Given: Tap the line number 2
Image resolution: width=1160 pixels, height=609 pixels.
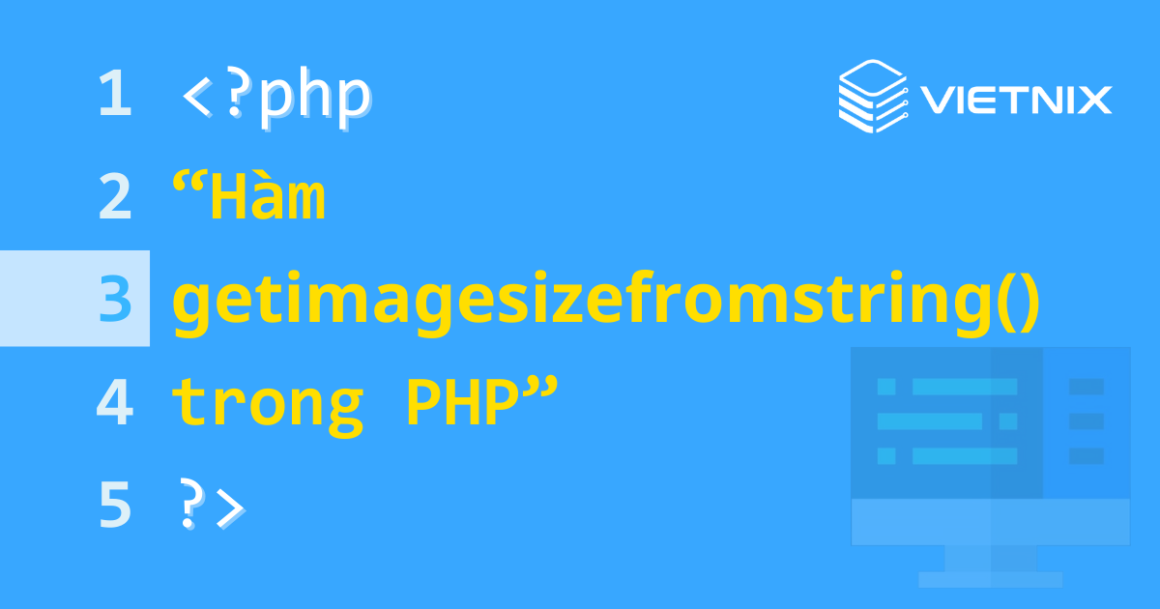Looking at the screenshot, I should coord(114,197).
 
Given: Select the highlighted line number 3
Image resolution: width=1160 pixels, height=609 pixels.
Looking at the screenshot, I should coord(114,300).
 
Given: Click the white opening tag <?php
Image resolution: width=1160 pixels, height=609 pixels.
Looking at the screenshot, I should coord(275,97).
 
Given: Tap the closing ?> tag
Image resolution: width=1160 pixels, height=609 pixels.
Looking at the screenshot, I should coord(213,507).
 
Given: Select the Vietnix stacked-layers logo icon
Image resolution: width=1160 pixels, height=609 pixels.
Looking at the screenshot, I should coord(870,95).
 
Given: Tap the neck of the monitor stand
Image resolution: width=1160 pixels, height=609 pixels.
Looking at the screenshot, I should coord(990,558).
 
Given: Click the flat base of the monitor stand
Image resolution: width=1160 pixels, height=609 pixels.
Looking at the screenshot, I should coord(990,580).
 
